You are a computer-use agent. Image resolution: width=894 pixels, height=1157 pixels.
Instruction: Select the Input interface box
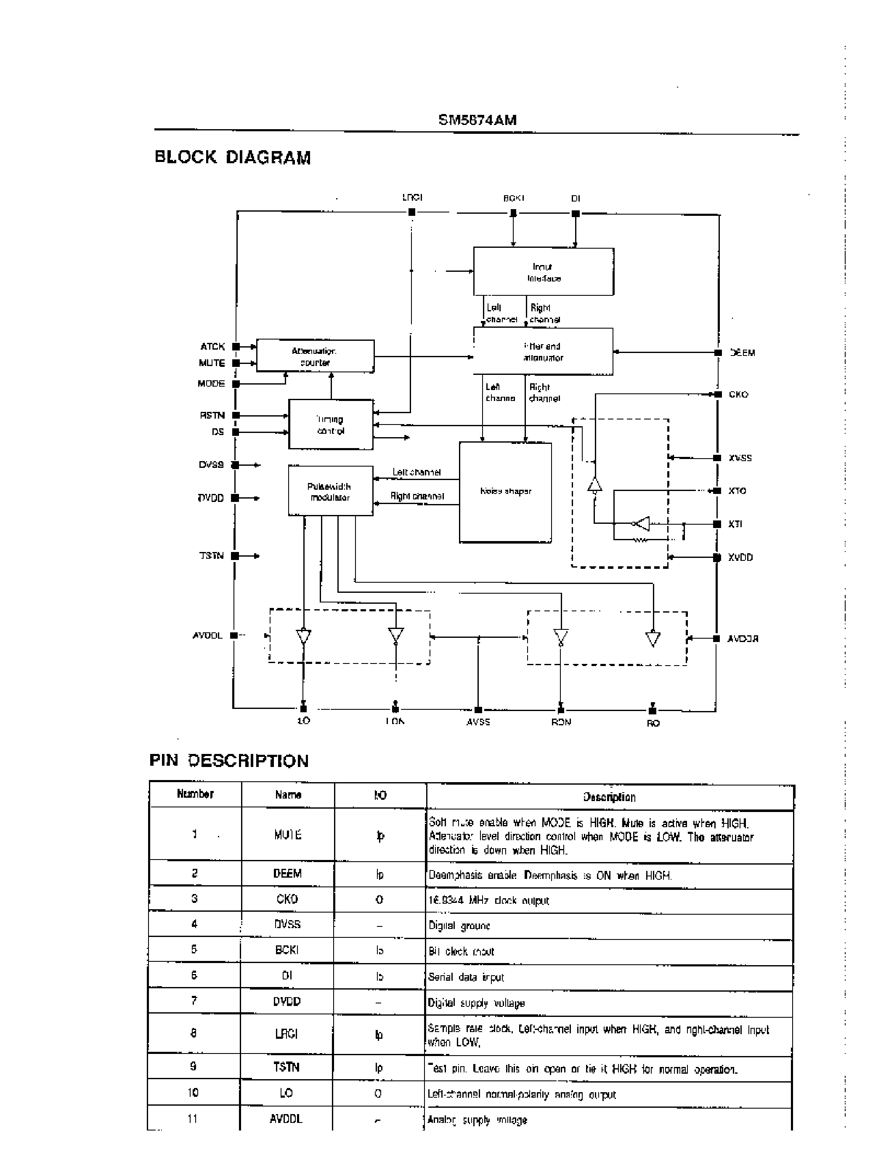tap(544, 272)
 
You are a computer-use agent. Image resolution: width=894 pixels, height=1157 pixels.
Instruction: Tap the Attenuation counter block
tap(315, 356)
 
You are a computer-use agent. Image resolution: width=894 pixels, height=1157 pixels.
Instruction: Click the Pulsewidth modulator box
tap(331, 491)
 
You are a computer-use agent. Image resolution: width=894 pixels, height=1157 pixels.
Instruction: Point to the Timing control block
tap(331, 425)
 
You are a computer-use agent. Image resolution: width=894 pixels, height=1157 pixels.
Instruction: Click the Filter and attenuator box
tap(543, 352)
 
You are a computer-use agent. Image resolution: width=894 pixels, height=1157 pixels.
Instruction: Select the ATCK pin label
tap(212, 346)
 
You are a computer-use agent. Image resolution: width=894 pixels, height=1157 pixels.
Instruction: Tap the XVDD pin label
tap(740, 557)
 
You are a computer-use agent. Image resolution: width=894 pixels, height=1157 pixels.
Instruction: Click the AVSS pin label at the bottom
tap(478, 722)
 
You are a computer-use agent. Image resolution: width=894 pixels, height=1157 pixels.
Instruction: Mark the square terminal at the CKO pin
tap(718, 395)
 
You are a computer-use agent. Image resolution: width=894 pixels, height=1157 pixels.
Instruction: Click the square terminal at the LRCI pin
tap(411, 212)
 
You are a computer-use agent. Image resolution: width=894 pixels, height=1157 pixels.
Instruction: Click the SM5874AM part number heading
tap(477, 120)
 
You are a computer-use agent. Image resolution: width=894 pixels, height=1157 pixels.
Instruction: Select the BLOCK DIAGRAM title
tap(233, 157)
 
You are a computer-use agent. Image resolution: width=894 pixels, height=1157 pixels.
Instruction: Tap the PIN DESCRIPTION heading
tap(229, 761)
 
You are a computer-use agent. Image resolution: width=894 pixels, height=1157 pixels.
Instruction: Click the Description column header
tap(609, 797)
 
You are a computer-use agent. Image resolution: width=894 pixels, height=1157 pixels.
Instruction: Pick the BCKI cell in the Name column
tap(287, 950)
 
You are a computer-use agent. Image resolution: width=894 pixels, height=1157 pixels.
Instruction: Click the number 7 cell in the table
tap(194, 1001)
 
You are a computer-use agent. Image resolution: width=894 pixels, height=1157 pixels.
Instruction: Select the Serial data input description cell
tap(609, 977)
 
